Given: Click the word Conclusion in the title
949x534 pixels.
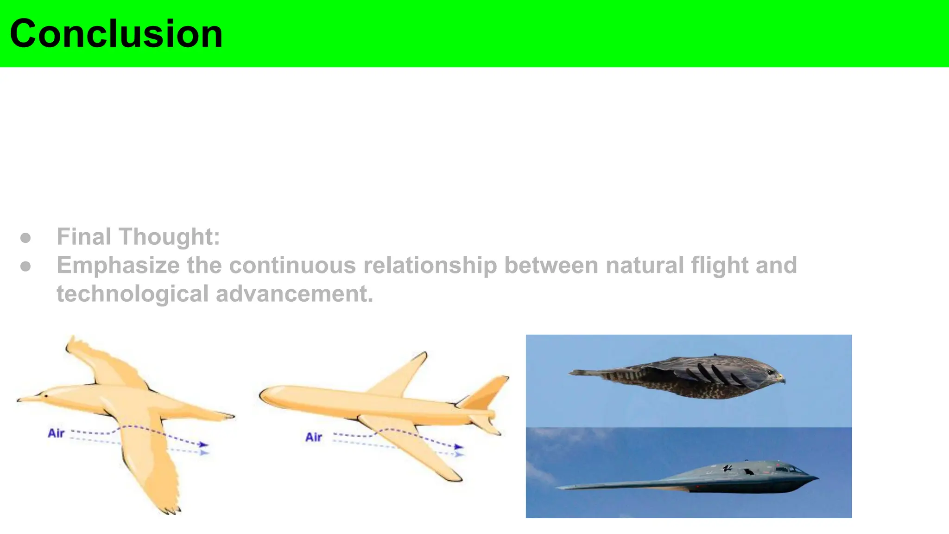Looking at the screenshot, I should [116, 34].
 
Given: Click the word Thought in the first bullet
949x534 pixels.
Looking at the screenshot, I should [169, 237].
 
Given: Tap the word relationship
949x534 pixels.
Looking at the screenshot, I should [430, 266].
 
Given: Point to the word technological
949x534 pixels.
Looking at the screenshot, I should [133, 294].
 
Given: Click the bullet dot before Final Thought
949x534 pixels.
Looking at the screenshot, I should [26, 238].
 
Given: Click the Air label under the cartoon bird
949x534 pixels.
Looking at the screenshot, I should [56, 433].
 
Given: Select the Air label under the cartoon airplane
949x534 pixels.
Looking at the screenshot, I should [314, 437].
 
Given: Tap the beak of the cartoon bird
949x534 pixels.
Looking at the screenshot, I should [23, 399].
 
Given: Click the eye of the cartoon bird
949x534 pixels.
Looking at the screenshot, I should [46, 396].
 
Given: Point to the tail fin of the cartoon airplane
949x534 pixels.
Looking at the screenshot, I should [487, 392].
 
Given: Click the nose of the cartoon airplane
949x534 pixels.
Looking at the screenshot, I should [263, 396].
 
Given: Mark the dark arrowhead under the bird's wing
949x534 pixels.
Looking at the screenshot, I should [203, 445].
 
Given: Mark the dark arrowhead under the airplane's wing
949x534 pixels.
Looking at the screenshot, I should [458, 447].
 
